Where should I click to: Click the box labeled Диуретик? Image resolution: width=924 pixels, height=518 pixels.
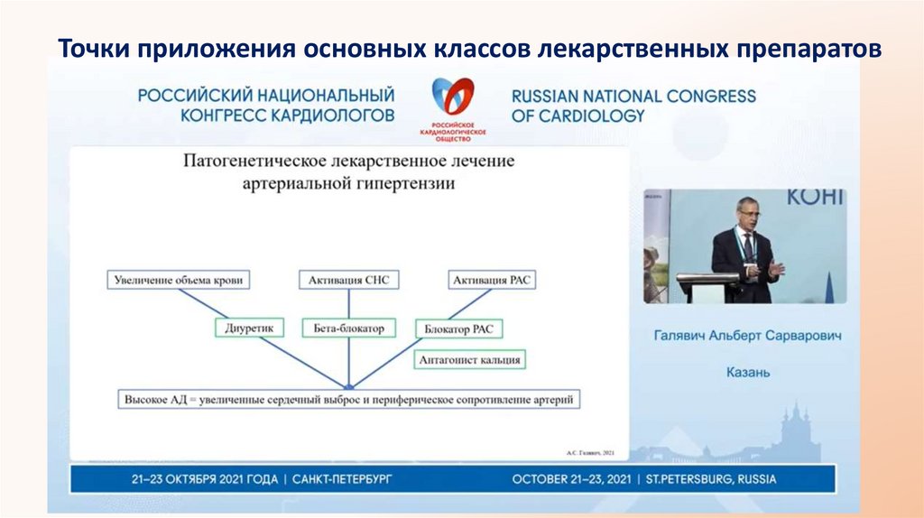click(248, 328)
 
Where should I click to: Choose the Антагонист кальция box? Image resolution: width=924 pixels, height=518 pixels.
click(470, 360)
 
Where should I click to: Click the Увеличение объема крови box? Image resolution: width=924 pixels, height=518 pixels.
click(179, 280)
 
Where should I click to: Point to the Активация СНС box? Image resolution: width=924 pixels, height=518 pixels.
click(347, 280)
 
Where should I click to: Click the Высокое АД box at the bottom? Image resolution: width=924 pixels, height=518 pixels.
click(349, 398)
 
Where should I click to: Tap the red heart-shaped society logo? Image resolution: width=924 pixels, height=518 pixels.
click(452, 99)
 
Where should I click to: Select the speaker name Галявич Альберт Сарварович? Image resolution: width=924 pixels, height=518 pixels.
click(747, 336)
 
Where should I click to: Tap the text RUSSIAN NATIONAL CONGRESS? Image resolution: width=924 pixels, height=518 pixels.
click(633, 96)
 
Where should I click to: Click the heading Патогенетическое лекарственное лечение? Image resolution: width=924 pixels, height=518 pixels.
click(349, 162)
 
